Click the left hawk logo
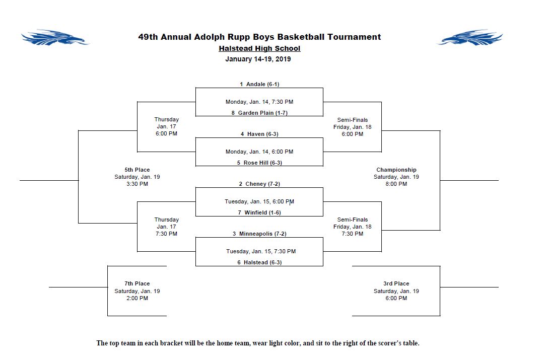coord(55,38)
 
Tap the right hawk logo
coord(470,38)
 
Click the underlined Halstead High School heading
coord(259,48)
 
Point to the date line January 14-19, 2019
coord(258,59)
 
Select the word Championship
coord(396,170)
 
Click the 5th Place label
coord(137,170)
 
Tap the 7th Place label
coord(137,283)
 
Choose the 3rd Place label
coord(396,283)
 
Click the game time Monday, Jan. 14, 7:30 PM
coord(259,102)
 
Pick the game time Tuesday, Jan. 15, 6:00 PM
coord(259,201)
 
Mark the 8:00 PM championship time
coord(396,184)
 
